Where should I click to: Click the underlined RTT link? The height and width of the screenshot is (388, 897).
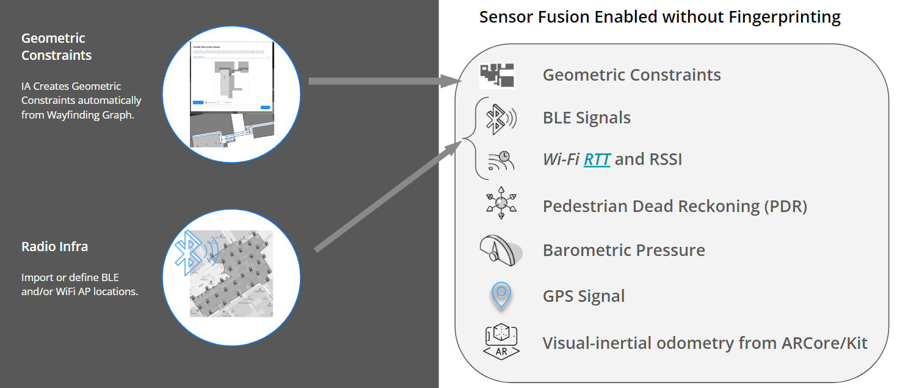597,159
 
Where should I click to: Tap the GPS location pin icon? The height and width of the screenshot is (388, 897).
501,295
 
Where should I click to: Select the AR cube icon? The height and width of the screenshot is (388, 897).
501,340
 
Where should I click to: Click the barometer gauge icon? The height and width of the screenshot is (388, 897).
501,249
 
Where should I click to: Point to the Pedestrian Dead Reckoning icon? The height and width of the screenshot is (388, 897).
501,203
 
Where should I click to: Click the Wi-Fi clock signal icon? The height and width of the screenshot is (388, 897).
501,159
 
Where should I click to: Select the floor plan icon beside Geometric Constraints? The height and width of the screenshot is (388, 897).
497,76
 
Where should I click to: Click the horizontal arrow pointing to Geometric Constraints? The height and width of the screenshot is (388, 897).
385,81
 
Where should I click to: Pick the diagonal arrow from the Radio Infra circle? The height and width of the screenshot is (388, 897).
388,196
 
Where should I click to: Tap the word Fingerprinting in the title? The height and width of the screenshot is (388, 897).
785,17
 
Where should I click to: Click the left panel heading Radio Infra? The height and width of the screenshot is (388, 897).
54,247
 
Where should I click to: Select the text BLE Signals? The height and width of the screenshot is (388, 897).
586,117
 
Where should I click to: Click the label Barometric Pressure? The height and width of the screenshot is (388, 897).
623,250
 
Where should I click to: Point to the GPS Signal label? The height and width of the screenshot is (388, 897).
584,296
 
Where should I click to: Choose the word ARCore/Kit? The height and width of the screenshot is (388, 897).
824,343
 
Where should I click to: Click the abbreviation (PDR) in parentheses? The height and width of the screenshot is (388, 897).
785,206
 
